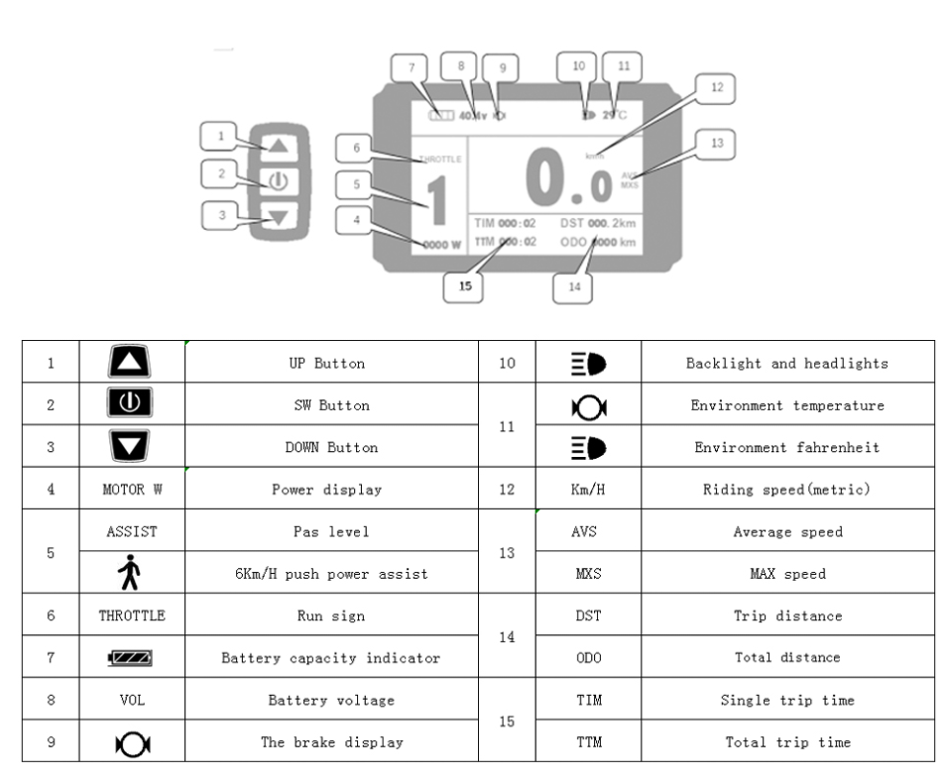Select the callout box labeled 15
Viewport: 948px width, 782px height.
coord(464,287)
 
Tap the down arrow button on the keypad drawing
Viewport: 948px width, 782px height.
coord(278,218)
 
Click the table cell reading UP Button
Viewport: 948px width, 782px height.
coord(332,364)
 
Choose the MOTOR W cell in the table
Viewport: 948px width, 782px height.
coord(132,490)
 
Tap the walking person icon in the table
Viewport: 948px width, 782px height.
coord(132,574)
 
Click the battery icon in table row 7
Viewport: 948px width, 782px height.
coord(132,658)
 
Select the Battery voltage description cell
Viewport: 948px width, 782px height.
coord(332,701)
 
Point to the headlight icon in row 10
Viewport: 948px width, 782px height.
coord(586,364)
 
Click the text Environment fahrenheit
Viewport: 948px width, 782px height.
coord(786,448)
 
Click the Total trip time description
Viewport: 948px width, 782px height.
coord(786,742)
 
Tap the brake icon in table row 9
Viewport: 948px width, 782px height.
coord(132,742)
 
